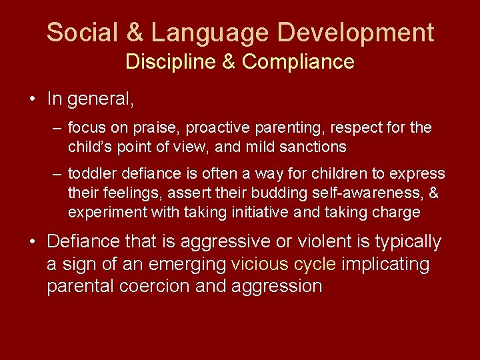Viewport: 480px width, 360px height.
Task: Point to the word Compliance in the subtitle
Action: click(x=298, y=62)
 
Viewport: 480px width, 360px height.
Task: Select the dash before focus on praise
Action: click(x=58, y=127)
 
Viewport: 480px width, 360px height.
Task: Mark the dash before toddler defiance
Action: click(x=58, y=174)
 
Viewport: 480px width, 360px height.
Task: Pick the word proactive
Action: click(x=216, y=127)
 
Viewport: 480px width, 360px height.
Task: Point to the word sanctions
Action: click(x=315, y=146)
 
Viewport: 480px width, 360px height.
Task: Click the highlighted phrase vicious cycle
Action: click(x=283, y=264)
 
